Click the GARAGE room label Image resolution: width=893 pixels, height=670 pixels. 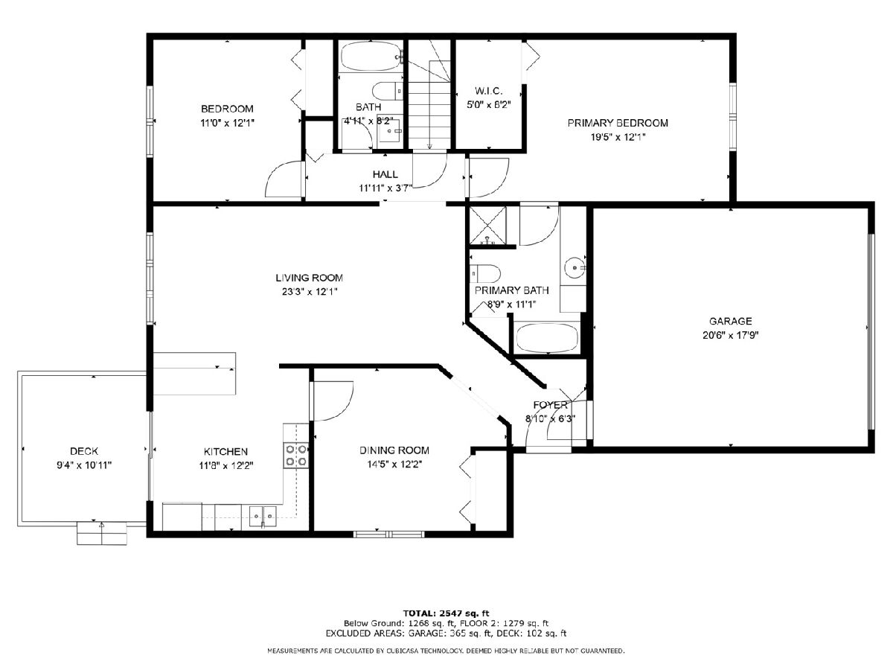pos(730,321)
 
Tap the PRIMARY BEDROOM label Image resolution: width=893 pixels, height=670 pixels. pos(618,123)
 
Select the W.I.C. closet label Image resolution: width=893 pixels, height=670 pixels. pos(488,91)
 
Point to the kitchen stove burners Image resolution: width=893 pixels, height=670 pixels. pos(296,455)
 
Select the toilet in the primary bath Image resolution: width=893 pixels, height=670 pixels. pos(485,273)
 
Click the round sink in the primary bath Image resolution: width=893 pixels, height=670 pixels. pos(574,268)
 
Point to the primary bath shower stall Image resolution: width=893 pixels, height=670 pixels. pos(488,226)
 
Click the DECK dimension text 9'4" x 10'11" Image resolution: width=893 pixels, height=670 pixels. pos(84,465)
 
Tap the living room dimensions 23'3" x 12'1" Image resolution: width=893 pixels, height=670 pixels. pos(310,292)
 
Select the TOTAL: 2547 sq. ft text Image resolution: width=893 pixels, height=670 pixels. pos(446,613)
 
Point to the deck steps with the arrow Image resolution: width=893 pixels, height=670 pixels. pos(102,533)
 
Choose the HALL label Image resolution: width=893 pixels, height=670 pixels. pos(385,174)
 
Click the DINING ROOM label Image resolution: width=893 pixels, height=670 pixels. pos(394,450)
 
